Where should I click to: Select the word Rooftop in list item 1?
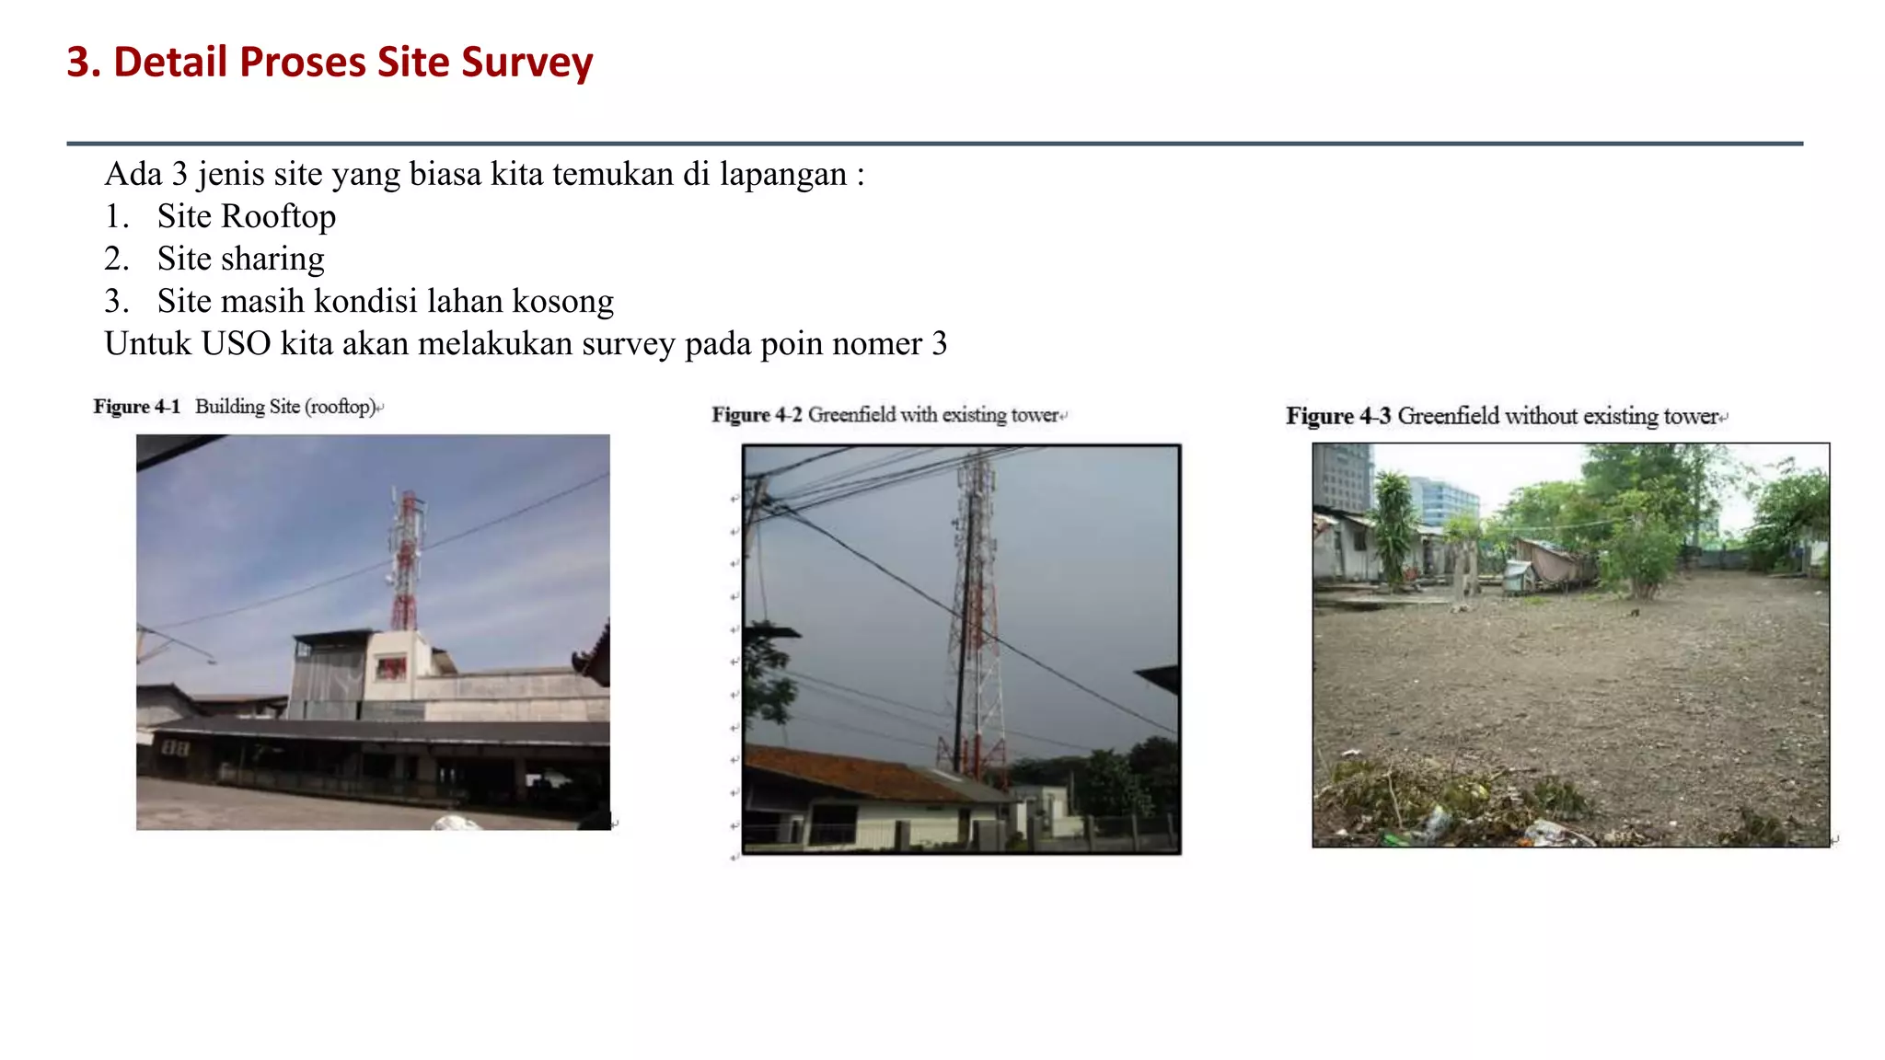[278, 216]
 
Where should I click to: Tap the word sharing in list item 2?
[272, 259]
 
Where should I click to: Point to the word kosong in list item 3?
[562, 301]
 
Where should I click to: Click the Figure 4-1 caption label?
[136, 407]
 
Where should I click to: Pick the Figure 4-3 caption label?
[1337, 416]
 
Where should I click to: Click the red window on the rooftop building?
[390, 667]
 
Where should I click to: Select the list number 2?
[115, 259]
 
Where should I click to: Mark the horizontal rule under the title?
[934, 144]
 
